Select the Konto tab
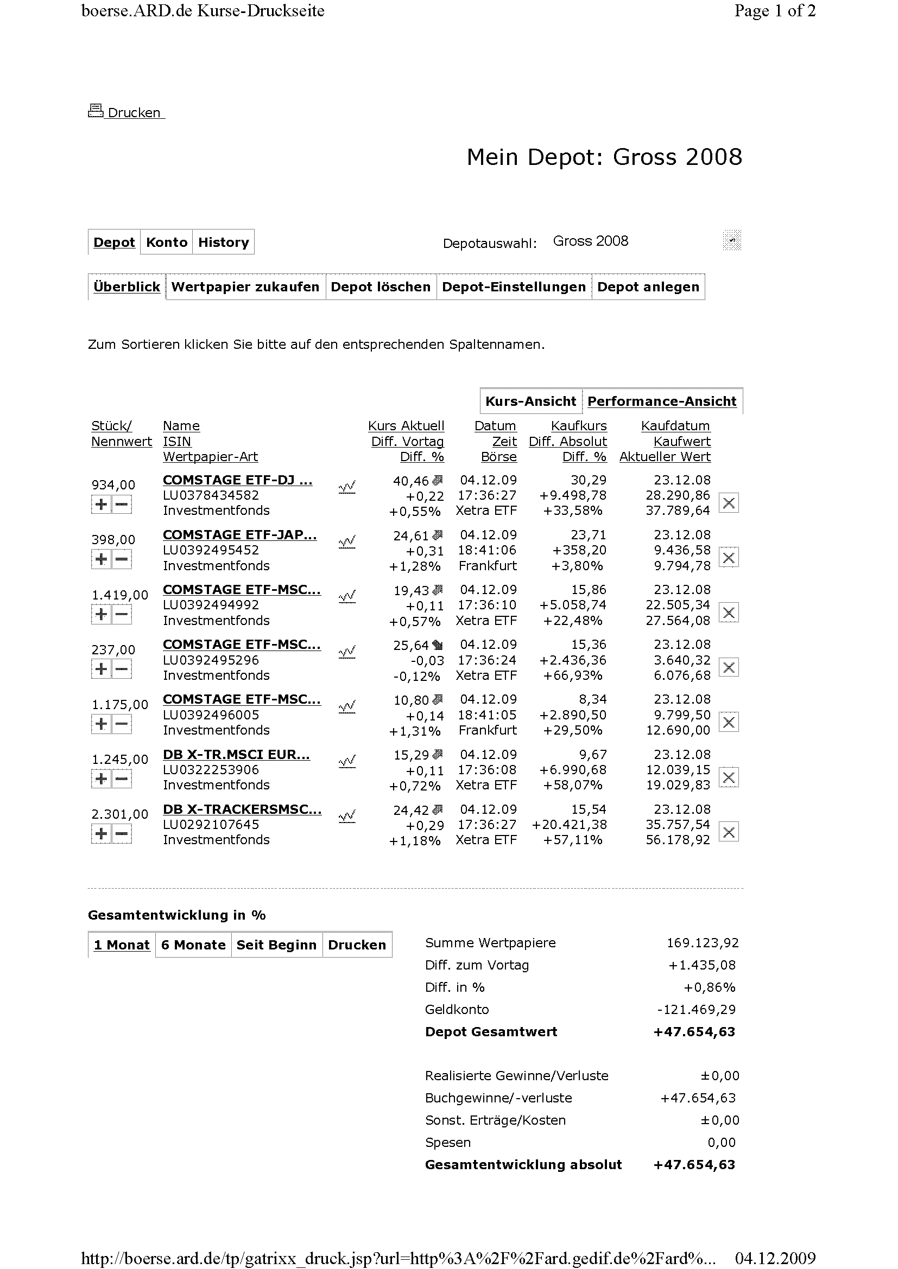pyautogui.click(x=167, y=242)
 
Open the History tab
pyautogui.click(x=223, y=242)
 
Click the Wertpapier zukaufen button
pyautogui.click(x=245, y=287)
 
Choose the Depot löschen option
pyautogui.click(x=381, y=287)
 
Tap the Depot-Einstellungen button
pyautogui.click(x=514, y=287)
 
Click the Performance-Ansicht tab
pyautogui.click(x=662, y=401)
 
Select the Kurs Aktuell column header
pyautogui.click(x=406, y=426)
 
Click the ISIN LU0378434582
pyautogui.click(x=211, y=495)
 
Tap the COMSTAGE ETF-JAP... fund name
pyautogui.click(x=239, y=535)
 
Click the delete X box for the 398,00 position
pyautogui.click(x=729, y=558)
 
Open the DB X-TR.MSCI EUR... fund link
pyautogui.click(x=236, y=755)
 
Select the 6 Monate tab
pyautogui.click(x=193, y=945)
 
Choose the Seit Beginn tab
pyautogui.click(x=276, y=945)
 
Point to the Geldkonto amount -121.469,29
pyautogui.click(x=696, y=1010)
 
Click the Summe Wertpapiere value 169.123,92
pyautogui.click(x=702, y=943)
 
